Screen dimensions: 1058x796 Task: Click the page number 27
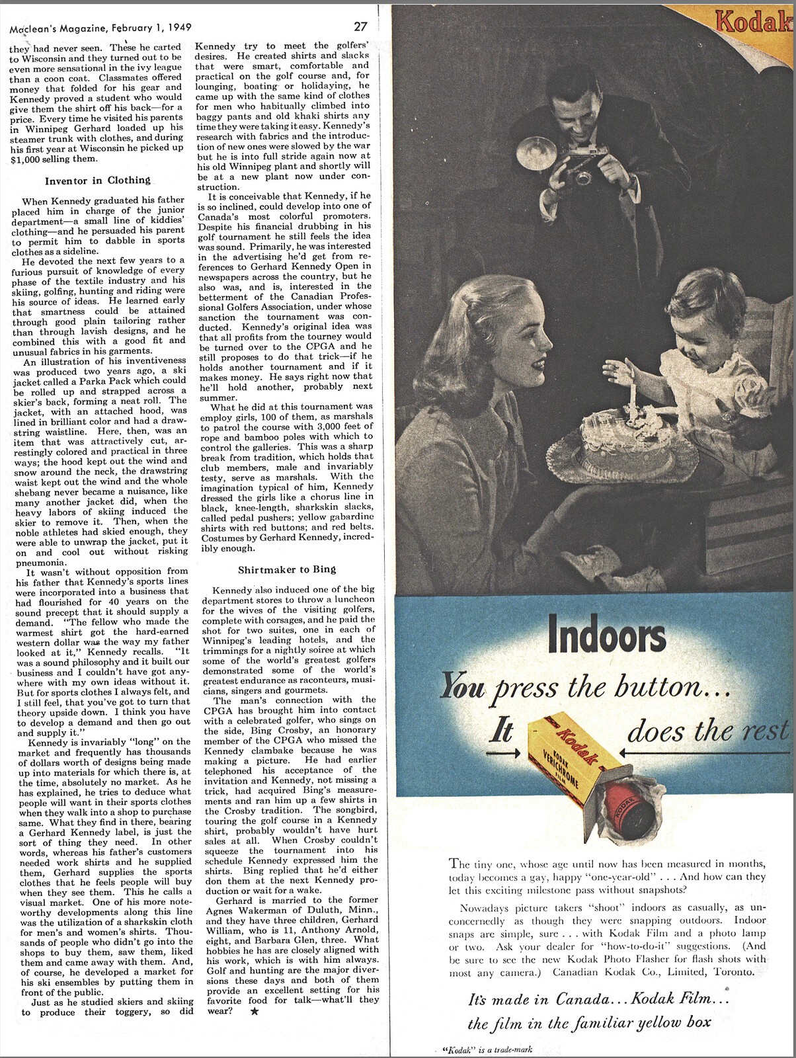coord(360,26)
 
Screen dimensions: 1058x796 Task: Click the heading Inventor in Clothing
coord(97,181)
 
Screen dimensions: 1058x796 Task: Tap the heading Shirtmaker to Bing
coord(287,569)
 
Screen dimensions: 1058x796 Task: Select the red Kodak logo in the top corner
coord(754,22)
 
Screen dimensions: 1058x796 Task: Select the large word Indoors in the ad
coord(606,636)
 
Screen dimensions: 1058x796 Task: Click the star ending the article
coord(255,1011)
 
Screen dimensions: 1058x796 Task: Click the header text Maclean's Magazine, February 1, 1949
coord(100,28)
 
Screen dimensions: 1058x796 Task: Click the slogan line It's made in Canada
coord(598,998)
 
